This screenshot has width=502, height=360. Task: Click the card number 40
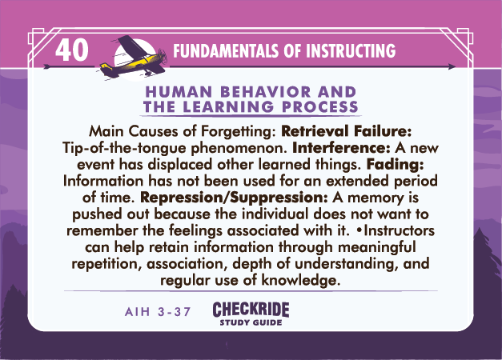72,50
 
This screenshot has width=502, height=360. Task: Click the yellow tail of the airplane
106,67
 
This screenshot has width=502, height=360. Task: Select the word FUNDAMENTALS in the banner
226,51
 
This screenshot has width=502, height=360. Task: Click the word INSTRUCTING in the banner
351,51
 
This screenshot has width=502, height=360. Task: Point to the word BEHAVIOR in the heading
265,92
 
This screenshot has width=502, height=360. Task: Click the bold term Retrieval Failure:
346,131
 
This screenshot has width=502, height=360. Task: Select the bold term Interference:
341,147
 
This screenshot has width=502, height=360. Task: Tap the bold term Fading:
395,165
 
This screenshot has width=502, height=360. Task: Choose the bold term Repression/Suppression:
234,198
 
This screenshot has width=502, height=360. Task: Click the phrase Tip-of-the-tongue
124,148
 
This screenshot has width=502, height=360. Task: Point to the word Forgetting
238,131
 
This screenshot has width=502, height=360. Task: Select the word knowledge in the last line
299,280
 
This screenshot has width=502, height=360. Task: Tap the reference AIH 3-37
159,311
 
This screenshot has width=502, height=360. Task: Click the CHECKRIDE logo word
251,310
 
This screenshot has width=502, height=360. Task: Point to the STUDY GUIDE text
251,322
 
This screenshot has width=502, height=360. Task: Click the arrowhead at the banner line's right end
452,66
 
